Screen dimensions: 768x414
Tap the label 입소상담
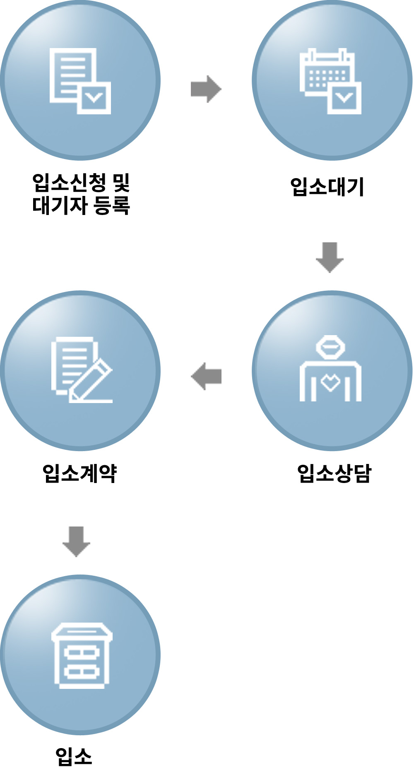coord(334,473)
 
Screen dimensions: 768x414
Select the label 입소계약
coord(80,473)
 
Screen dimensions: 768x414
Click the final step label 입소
coord(74,756)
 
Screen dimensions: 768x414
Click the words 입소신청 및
coord(81,182)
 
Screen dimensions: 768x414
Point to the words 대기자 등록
coord(81,205)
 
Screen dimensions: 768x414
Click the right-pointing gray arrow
coord(206,89)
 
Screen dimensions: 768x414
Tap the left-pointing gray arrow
coord(206,376)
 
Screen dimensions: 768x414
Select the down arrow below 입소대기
coord(330,257)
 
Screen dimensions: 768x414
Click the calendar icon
coord(330,81)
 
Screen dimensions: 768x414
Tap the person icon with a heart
coord(330,369)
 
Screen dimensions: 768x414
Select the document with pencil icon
coord(81,370)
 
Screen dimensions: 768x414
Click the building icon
coord(82,655)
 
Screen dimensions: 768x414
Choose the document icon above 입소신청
coord(80,81)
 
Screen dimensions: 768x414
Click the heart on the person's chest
coord(330,382)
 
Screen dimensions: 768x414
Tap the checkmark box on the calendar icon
coord(344,98)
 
